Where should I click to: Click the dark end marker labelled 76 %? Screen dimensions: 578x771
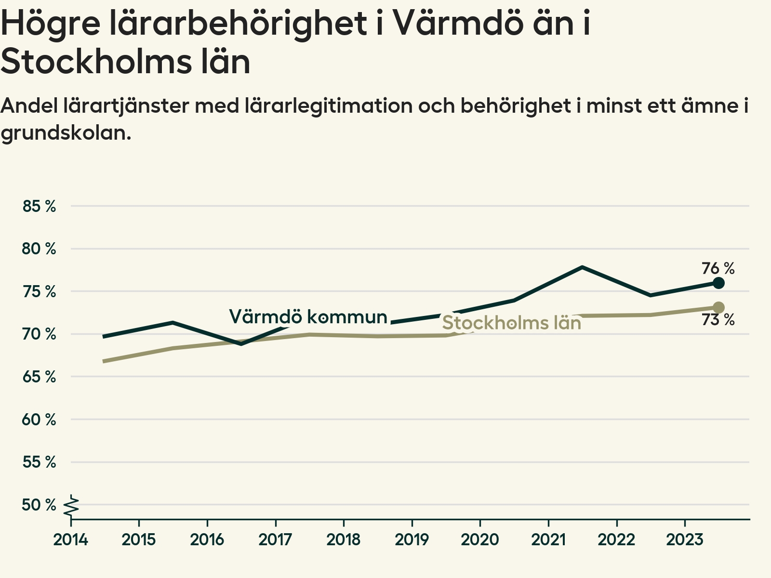[718, 283]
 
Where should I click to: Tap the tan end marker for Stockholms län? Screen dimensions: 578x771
[718, 307]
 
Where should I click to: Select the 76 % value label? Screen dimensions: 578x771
[718, 268]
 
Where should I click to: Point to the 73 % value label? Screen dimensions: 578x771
[718, 319]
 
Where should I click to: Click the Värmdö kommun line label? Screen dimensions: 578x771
[308, 316]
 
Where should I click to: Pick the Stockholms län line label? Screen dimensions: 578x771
[511, 323]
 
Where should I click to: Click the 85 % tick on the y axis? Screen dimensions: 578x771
[39, 206]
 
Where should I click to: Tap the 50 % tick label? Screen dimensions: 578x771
[39, 505]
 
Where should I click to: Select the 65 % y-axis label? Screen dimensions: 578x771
[39, 377]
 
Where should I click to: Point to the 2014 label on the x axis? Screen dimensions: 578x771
[71, 539]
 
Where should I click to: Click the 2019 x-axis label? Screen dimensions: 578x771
[412, 539]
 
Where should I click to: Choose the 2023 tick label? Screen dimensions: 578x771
[685, 539]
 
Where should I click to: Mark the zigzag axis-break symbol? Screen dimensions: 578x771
[71, 506]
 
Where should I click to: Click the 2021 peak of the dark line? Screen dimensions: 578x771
[582, 267]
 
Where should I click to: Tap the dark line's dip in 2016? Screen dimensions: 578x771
[241, 344]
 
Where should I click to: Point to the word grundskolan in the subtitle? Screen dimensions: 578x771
[66, 132]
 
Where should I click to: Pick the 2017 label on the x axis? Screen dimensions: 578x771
[275, 539]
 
